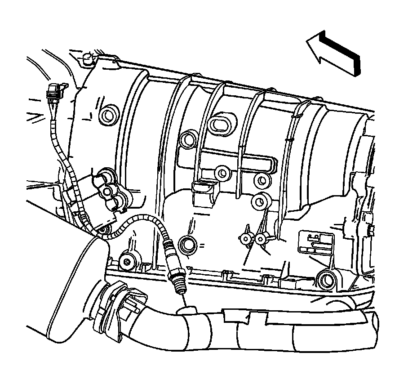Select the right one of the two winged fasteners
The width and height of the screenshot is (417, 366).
click(x=260, y=239)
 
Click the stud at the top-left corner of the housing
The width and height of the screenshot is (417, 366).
click(x=88, y=59)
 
